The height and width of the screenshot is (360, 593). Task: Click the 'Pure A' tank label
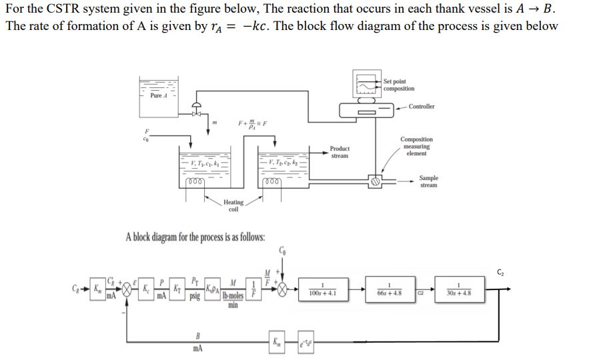click(x=157, y=95)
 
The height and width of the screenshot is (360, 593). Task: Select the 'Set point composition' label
click(x=399, y=85)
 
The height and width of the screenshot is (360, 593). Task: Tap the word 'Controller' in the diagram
click(x=422, y=107)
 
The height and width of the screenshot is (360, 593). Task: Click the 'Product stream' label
click(x=340, y=152)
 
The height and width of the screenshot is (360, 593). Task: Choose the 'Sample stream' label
click(x=429, y=181)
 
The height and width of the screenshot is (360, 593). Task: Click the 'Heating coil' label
click(x=233, y=205)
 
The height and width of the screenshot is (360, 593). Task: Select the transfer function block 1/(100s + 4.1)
click(x=322, y=291)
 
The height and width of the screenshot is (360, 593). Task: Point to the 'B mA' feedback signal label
click(x=198, y=342)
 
